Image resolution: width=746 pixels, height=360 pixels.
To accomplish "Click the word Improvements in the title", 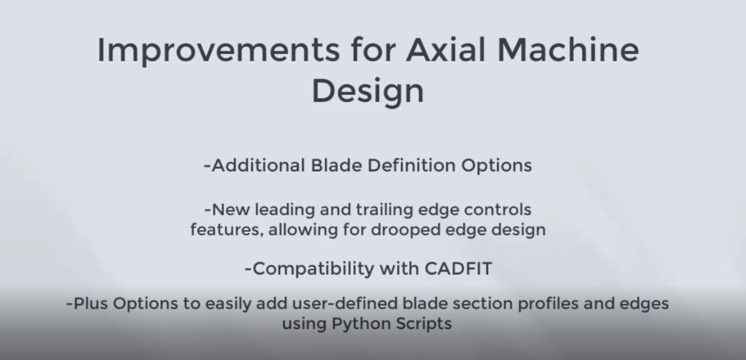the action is pyautogui.click(x=218, y=51).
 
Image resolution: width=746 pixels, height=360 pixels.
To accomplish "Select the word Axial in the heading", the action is pyautogui.click(x=445, y=50).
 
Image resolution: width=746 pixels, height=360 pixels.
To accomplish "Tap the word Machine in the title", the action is pyautogui.click(x=568, y=50).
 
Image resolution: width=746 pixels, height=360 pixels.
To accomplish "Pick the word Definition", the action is pyautogui.click(x=411, y=165).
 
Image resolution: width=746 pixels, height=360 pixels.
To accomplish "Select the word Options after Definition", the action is pyautogui.click(x=496, y=166).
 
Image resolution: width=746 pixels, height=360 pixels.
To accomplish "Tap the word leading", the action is pyautogui.click(x=285, y=210).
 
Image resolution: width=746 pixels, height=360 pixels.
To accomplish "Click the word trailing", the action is pyautogui.click(x=384, y=210).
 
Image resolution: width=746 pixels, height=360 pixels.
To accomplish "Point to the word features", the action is pyautogui.click(x=227, y=229).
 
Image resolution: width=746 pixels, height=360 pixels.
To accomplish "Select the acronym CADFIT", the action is pyautogui.click(x=458, y=268).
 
